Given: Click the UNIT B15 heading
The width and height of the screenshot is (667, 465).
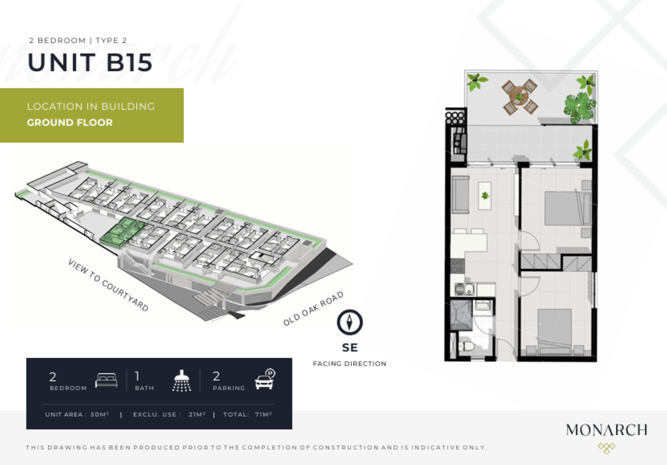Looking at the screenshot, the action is [x=90, y=62].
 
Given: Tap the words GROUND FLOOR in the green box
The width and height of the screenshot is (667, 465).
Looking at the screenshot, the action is [x=70, y=122].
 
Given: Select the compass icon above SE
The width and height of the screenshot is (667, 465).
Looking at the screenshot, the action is [x=350, y=322].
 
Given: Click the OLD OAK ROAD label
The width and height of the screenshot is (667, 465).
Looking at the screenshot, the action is [x=313, y=308].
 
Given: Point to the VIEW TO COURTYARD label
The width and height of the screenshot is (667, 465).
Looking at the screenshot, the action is [x=108, y=285].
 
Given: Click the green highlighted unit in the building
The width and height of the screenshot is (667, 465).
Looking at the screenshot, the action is [x=123, y=232].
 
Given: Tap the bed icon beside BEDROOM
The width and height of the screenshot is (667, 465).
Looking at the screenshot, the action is [x=106, y=380].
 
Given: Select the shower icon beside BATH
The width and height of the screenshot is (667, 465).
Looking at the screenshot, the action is [x=182, y=380].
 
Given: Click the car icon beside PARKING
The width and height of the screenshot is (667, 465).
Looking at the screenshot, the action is [x=265, y=379].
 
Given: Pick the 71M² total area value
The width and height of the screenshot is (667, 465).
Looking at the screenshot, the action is [x=263, y=414].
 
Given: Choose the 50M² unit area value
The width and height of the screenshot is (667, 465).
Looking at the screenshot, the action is [x=99, y=414].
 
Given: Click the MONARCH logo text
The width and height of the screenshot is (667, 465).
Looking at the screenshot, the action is [x=607, y=430].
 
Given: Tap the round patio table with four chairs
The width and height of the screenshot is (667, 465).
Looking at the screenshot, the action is [x=519, y=97].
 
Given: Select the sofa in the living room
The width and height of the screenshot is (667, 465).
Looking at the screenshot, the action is [x=461, y=195].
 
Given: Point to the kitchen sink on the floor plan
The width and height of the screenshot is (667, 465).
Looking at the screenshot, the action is [x=465, y=289].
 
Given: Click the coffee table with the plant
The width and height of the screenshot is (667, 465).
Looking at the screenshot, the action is [x=485, y=195].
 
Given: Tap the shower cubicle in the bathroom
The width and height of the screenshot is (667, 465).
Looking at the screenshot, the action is [x=461, y=315].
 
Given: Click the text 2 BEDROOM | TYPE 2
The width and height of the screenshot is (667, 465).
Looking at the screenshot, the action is [x=78, y=41].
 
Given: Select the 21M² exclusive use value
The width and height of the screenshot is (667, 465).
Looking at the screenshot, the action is [x=197, y=414].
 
